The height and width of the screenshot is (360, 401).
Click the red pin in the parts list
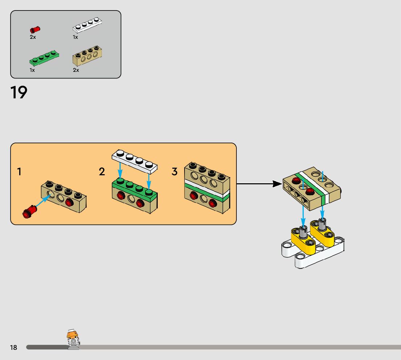click(35, 30)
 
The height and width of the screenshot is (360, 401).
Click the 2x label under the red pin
click(33, 37)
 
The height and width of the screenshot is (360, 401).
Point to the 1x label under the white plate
click(75, 37)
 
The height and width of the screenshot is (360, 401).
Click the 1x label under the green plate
click(32, 70)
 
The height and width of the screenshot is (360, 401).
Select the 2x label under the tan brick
click(76, 70)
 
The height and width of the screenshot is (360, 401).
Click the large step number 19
click(19, 93)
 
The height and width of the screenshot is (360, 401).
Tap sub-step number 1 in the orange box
click(19, 172)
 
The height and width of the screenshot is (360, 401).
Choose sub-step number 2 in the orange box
click(102, 172)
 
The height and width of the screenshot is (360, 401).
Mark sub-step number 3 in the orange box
click(175, 172)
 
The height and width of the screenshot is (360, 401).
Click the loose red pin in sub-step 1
click(29, 212)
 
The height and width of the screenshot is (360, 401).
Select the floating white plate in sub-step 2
click(134, 160)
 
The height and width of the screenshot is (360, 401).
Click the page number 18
click(13, 348)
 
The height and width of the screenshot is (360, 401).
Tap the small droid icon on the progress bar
click(73, 340)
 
